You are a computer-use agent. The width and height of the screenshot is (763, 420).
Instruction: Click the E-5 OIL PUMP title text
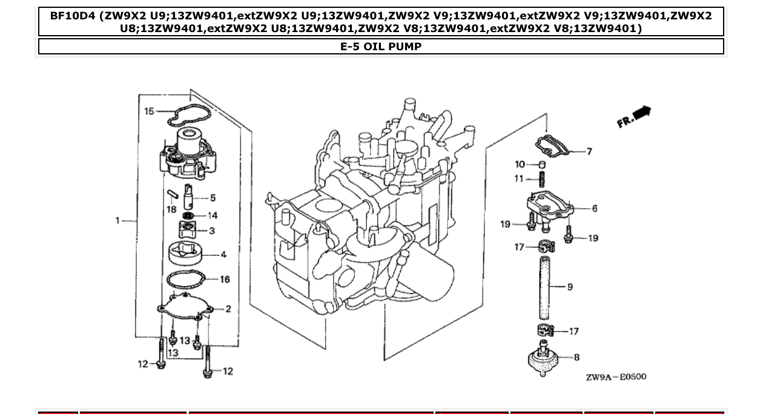tap(381, 47)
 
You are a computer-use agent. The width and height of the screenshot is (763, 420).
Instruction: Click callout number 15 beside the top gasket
tap(149, 111)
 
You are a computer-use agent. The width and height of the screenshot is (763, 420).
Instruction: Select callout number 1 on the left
tap(118, 220)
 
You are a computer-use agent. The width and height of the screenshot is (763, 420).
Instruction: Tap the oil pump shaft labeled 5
tap(189, 197)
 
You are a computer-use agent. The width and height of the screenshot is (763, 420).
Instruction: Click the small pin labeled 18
tap(172, 196)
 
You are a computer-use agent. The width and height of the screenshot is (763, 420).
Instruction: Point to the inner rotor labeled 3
tap(188, 231)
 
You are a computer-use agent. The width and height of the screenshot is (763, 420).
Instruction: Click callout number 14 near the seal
tap(213, 215)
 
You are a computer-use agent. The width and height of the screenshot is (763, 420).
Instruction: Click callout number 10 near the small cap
tap(520, 165)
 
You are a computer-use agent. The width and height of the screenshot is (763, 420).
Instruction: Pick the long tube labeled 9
tap(544, 287)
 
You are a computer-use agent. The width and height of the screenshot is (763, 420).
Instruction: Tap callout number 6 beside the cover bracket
tap(595, 209)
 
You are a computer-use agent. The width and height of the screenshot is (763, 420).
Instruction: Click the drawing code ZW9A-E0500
tap(615, 377)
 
